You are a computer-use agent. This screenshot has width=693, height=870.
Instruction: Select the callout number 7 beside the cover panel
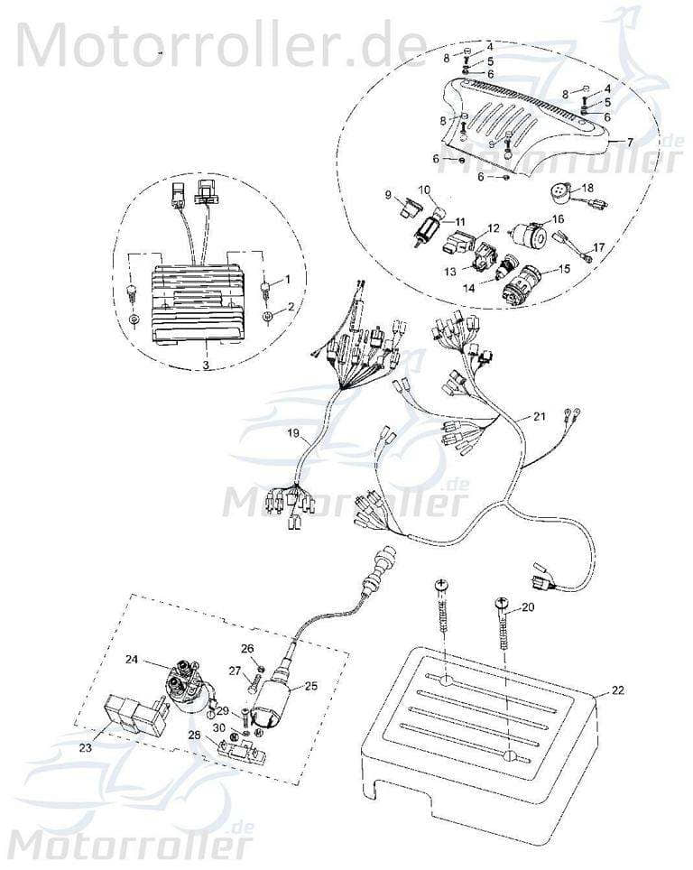pyautogui.click(x=630, y=143)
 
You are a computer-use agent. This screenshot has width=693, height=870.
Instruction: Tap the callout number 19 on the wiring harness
pyautogui.click(x=293, y=434)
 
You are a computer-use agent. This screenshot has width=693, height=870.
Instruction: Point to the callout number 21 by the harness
pyautogui.click(x=540, y=417)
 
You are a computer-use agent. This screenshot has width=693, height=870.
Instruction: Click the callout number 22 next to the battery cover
pyautogui.click(x=618, y=691)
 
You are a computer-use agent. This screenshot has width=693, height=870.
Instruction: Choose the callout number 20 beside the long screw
pyautogui.click(x=528, y=607)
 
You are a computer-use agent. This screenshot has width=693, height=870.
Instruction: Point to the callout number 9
pyautogui.click(x=388, y=194)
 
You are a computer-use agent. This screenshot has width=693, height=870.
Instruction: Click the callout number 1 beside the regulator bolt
pyautogui.click(x=289, y=279)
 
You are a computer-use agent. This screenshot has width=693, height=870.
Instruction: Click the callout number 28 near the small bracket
pyautogui.click(x=194, y=736)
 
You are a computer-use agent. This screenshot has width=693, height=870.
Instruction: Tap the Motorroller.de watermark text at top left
pyautogui.click(x=221, y=43)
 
